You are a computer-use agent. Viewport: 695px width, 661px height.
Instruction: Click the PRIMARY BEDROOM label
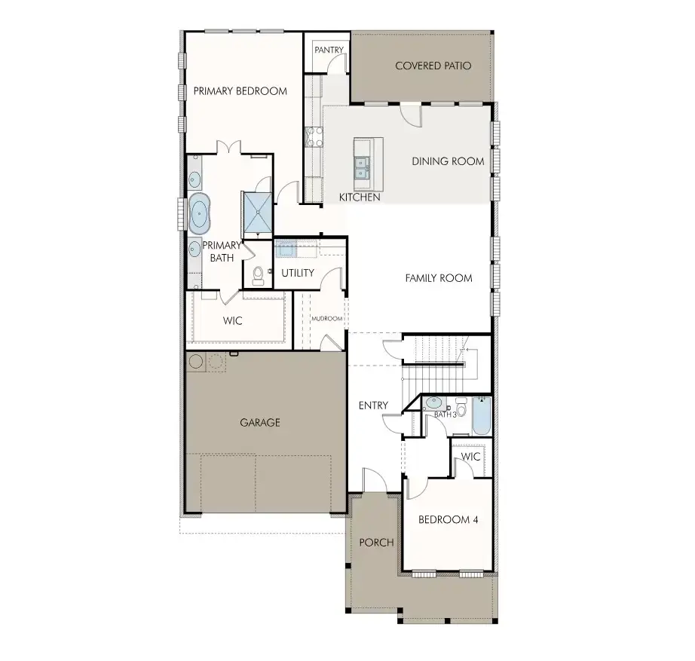(x=240, y=91)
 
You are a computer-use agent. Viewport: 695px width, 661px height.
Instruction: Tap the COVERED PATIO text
(x=433, y=66)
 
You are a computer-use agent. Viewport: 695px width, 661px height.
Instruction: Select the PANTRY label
(x=329, y=50)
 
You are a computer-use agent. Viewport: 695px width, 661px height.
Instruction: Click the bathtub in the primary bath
(x=199, y=214)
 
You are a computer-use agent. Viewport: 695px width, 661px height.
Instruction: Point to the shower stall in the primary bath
(x=257, y=213)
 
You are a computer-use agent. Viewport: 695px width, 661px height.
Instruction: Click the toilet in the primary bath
(x=258, y=276)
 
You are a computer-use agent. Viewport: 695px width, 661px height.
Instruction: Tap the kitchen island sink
(x=362, y=167)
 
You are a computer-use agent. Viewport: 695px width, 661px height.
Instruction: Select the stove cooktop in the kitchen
(x=314, y=136)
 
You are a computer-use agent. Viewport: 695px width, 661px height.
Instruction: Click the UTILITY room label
(x=298, y=273)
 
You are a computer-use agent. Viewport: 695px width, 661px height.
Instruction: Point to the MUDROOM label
(x=327, y=319)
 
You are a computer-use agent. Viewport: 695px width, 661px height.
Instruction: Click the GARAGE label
(x=260, y=423)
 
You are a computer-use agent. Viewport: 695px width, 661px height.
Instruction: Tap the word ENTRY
(x=373, y=405)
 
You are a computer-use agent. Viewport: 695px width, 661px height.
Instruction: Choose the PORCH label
(x=376, y=543)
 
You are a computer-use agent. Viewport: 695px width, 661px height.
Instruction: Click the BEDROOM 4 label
(x=448, y=519)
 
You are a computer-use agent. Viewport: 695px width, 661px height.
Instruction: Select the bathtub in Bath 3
(x=482, y=416)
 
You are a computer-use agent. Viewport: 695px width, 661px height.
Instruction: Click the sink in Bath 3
(x=433, y=403)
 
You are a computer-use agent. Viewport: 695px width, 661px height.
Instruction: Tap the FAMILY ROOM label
(x=439, y=278)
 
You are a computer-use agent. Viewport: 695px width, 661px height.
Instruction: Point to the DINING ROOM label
(x=448, y=161)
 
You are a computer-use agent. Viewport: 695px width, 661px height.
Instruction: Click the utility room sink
(x=286, y=250)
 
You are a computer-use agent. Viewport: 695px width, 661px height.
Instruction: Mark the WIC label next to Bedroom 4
(x=470, y=457)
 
